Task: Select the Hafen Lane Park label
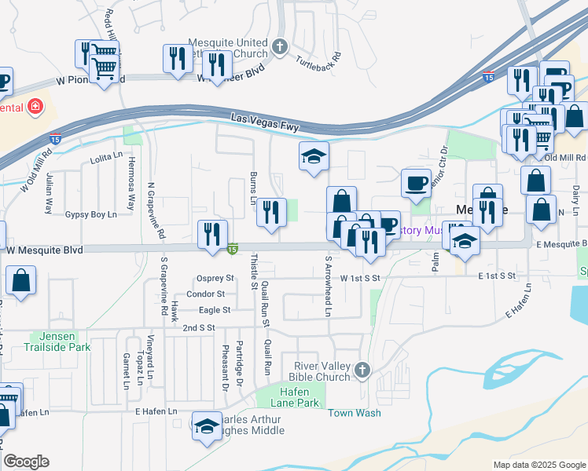(296, 397)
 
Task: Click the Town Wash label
(354, 413)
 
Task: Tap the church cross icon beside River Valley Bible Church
(362, 370)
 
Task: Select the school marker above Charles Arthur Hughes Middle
(207, 425)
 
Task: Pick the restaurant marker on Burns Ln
(270, 211)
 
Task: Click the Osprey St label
(215, 278)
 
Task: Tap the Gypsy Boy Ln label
(90, 214)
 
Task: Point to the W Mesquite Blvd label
(45, 250)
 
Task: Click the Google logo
(27, 462)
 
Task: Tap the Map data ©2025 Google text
(538, 465)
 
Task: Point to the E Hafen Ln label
(156, 411)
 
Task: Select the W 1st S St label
(360, 278)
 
